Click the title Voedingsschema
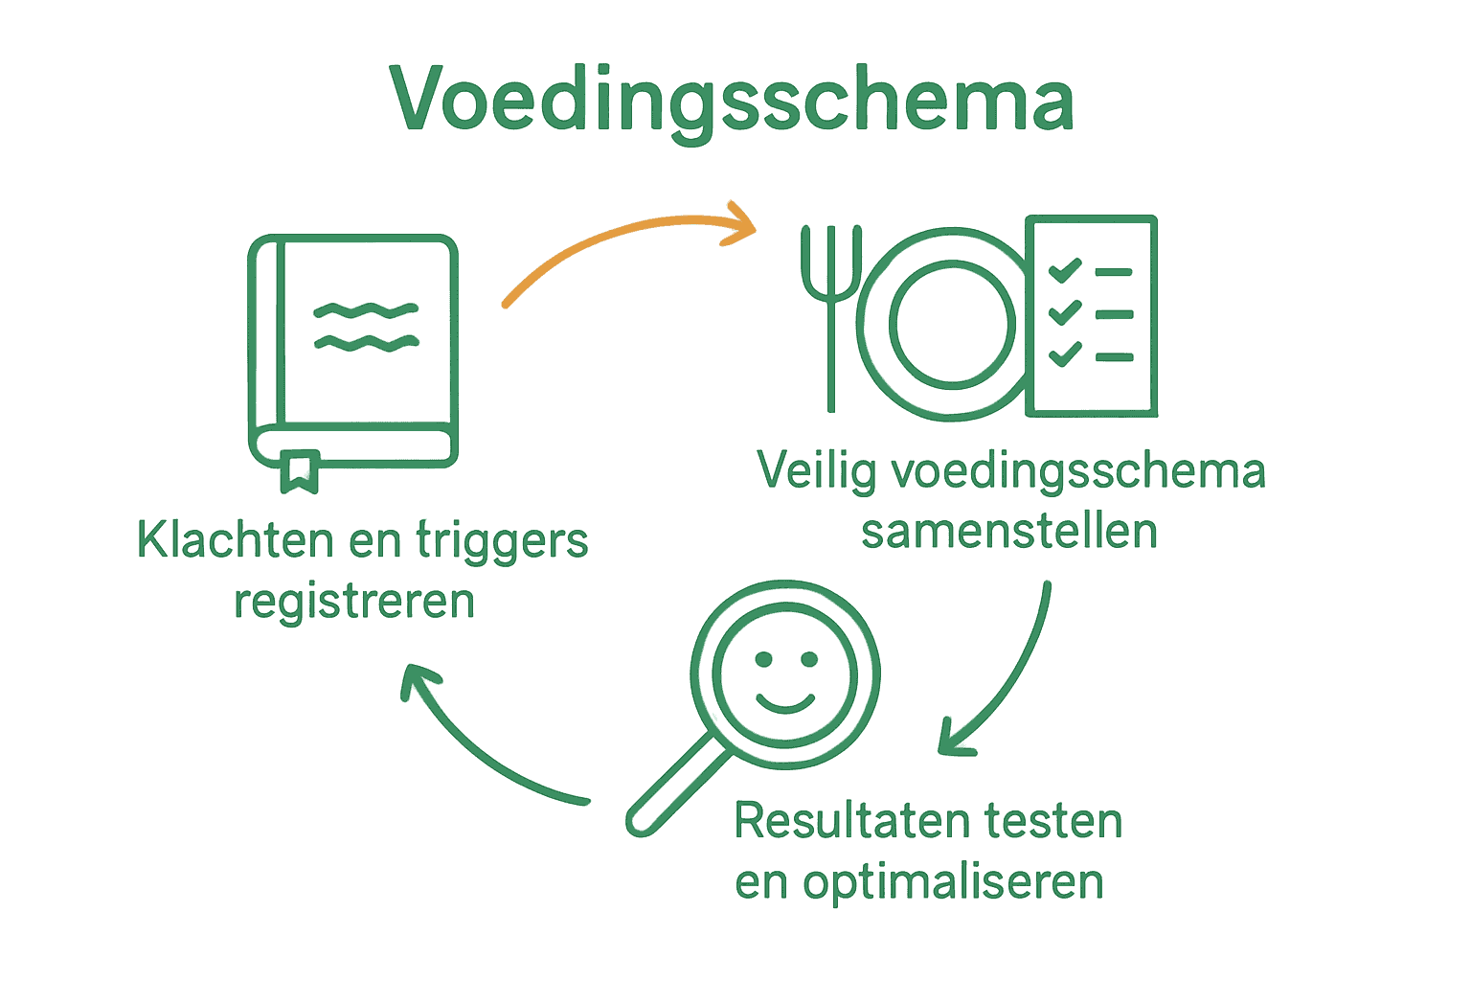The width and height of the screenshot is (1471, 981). pos(733,100)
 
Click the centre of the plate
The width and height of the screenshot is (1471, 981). pos(951,325)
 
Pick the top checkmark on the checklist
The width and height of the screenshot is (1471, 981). pos(1065,270)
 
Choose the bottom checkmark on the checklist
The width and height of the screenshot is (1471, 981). pos(1065,354)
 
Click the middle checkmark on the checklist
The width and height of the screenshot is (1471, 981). pos(1065,312)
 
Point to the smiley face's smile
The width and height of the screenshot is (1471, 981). pos(785,704)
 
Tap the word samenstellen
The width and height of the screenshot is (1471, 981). pos(1009,532)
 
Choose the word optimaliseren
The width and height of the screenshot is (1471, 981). pos(953,883)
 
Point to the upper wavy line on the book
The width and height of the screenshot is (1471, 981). pos(367,310)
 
